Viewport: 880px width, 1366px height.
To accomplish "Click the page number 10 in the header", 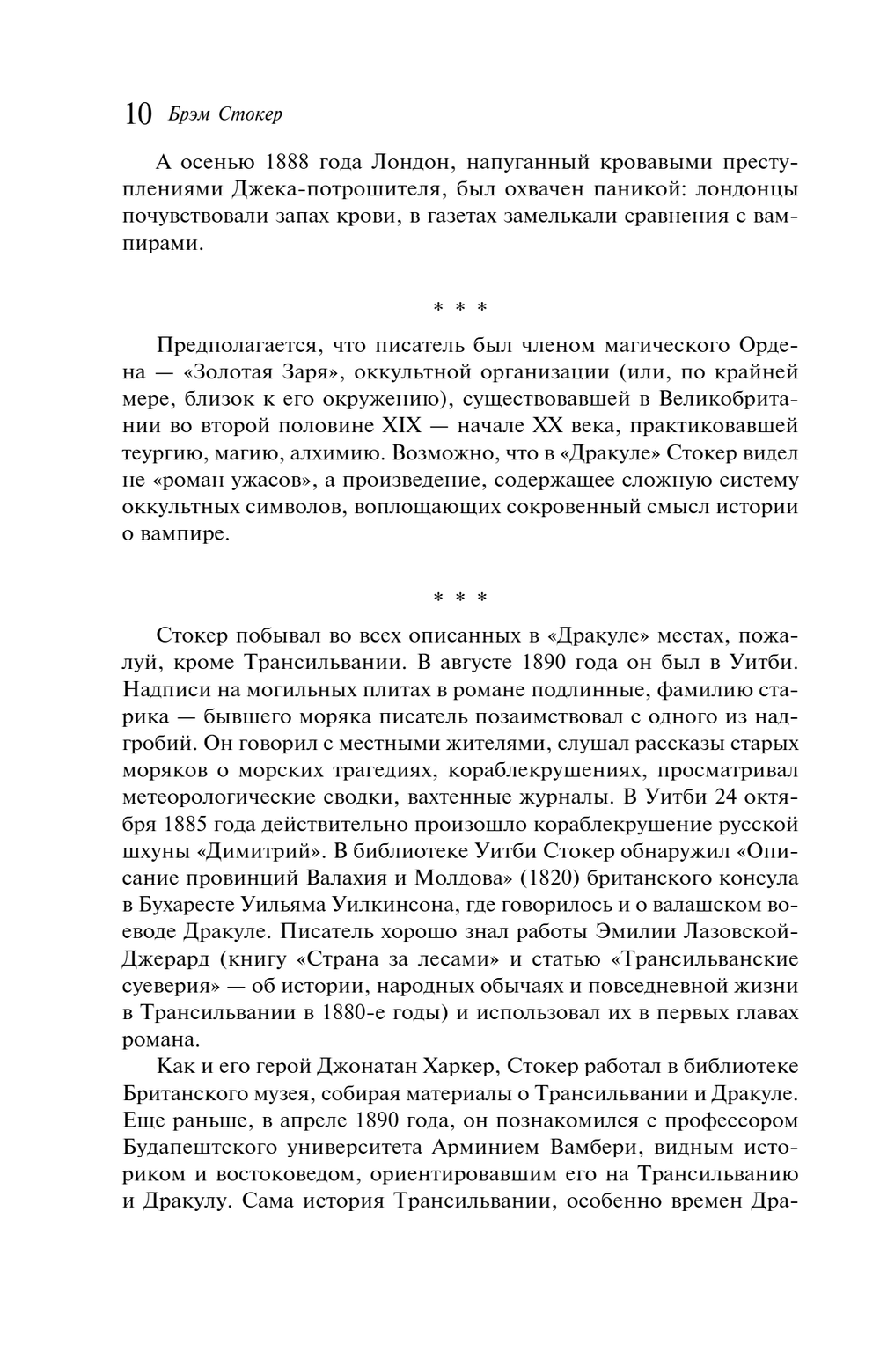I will click(138, 115).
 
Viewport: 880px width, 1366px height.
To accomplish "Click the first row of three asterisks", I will click(459, 307).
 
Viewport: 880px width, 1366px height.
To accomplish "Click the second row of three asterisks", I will click(459, 598).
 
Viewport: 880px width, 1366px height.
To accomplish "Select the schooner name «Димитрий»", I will click(260, 851).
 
